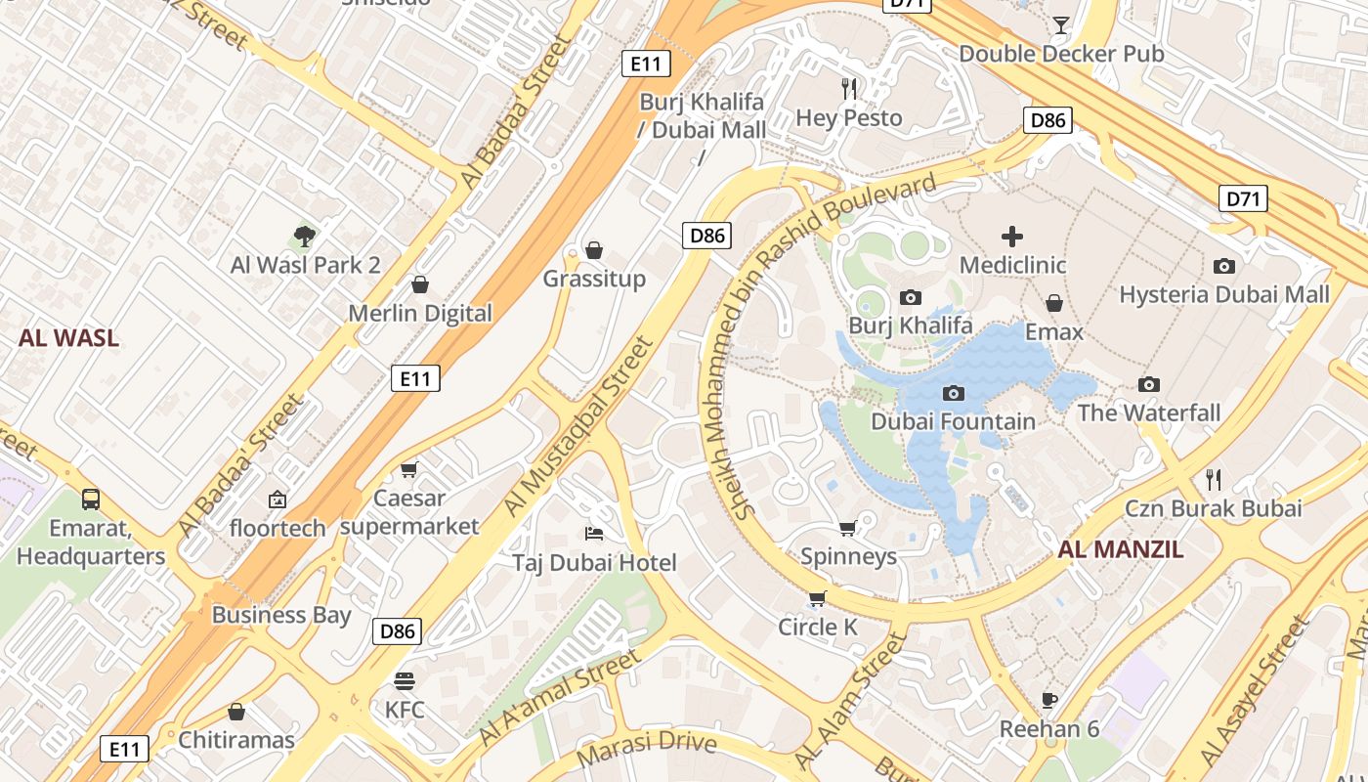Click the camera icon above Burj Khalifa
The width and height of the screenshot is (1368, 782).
pyautogui.click(x=910, y=297)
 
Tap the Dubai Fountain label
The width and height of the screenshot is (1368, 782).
pyautogui.click(x=953, y=421)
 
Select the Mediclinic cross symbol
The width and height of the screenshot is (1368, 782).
pyautogui.click(x=1012, y=236)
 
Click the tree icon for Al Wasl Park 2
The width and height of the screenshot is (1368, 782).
pyautogui.click(x=305, y=236)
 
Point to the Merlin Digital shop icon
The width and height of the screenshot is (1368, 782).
pyautogui.click(x=420, y=284)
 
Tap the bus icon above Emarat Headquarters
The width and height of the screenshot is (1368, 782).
pyautogui.click(x=91, y=499)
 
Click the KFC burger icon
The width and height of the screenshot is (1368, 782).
pyautogui.click(x=405, y=680)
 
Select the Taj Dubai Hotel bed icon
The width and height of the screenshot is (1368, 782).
pyautogui.click(x=594, y=533)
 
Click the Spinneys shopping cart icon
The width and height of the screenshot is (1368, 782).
pyautogui.click(x=847, y=528)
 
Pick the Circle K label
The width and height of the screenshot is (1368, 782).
pyautogui.click(x=818, y=627)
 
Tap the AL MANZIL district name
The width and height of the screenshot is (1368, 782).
pyautogui.click(x=1120, y=548)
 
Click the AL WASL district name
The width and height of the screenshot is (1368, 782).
pyautogui.click(x=68, y=338)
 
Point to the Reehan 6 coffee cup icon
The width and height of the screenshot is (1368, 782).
pyautogui.click(x=1049, y=700)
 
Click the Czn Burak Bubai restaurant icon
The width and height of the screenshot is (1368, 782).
pyautogui.click(x=1214, y=479)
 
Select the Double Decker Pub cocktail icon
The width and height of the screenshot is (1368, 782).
pyautogui.click(x=1061, y=24)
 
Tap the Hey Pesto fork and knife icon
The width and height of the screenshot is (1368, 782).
pyautogui.click(x=849, y=89)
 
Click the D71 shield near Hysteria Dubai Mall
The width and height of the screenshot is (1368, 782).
pyautogui.click(x=1243, y=198)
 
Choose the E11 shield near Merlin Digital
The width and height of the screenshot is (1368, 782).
pyautogui.click(x=415, y=378)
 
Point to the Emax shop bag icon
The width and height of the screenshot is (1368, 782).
pyautogui.click(x=1053, y=303)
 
